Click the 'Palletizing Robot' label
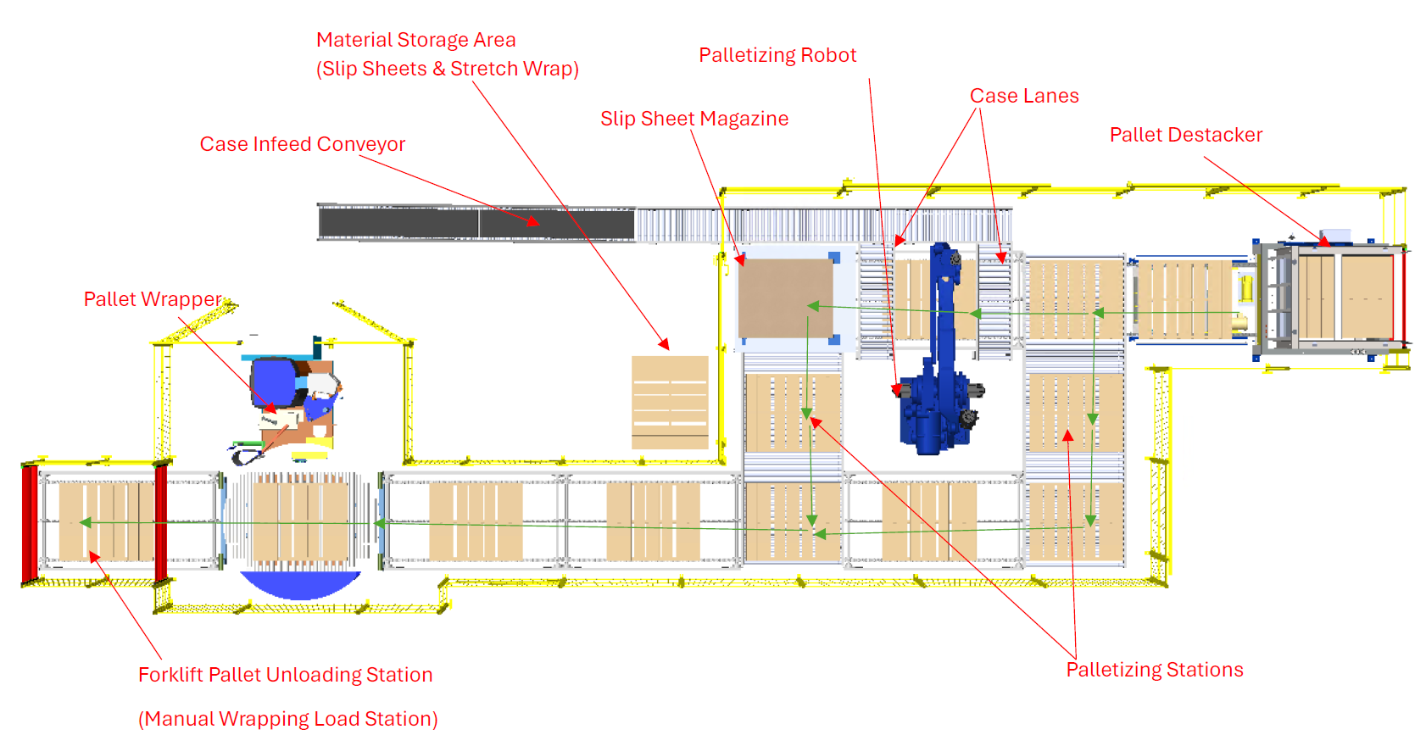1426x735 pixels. click(777, 56)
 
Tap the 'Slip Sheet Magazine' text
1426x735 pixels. click(694, 120)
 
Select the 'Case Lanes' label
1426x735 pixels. click(1024, 97)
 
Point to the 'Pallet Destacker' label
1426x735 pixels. click(1186, 136)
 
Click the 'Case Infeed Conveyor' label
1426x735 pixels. click(303, 145)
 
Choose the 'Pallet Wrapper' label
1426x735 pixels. click(153, 300)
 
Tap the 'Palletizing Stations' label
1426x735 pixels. click(1155, 671)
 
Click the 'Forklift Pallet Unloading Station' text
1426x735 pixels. click(286, 676)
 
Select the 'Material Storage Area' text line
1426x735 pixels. click(415, 41)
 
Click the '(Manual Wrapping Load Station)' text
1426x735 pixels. click(288, 720)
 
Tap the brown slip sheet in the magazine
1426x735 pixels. click(785, 298)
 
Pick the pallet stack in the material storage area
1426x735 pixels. click(670, 402)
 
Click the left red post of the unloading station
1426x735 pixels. click(29, 523)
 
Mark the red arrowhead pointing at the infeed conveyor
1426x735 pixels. click(532, 222)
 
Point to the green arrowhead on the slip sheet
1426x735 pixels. click(812, 306)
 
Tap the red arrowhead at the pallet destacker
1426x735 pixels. click(1324, 242)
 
